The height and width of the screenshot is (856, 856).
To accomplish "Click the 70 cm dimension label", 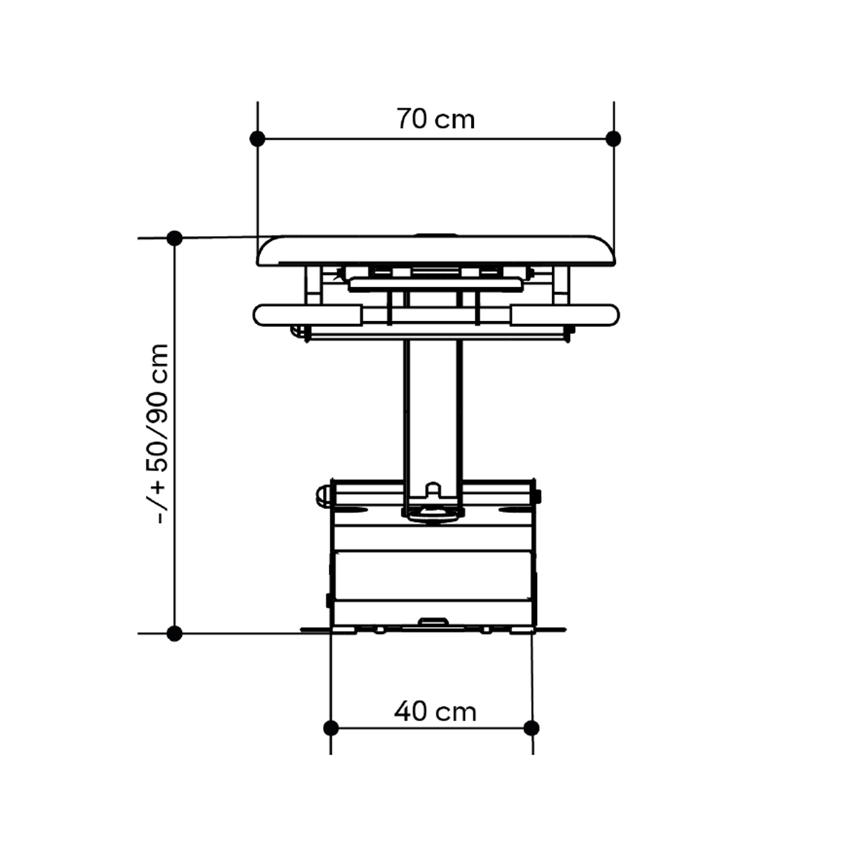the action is click(x=435, y=119).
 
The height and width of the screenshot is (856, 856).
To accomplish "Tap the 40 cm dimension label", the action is click(x=435, y=711).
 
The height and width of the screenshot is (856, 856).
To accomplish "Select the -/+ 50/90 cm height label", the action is click(x=160, y=435).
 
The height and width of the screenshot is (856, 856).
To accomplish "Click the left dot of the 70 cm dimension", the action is click(x=257, y=139).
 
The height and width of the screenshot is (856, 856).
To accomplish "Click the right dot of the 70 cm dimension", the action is click(x=614, y=139).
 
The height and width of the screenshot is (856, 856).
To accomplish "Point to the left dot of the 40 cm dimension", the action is click(x=331, y=727).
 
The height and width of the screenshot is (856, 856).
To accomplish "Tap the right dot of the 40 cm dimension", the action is click(x=531, y=727).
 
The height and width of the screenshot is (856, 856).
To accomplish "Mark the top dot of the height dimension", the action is click(x=174, y=238).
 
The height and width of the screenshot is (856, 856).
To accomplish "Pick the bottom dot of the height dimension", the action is click(x=174, y=634).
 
